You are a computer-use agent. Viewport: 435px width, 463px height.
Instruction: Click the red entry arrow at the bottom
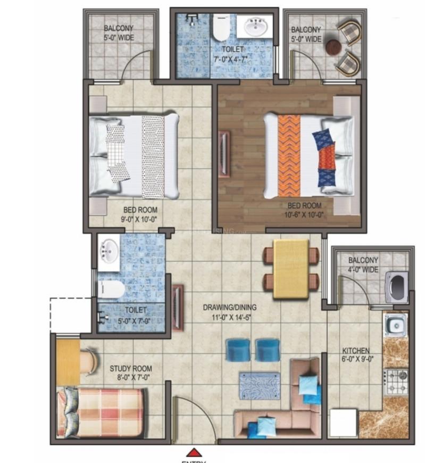coord(195,452)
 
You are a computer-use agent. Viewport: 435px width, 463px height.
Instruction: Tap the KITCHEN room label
coord(356,351)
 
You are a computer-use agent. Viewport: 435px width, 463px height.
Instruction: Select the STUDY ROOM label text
coord(130,368)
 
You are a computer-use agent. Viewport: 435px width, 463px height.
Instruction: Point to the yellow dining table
coord(291,269)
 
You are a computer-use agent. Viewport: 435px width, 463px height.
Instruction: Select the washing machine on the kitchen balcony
coord(396,287)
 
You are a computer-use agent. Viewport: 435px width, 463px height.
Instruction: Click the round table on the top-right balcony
coord(333,47)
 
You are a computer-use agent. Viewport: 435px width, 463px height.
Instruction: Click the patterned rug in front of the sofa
coord(259,385)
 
